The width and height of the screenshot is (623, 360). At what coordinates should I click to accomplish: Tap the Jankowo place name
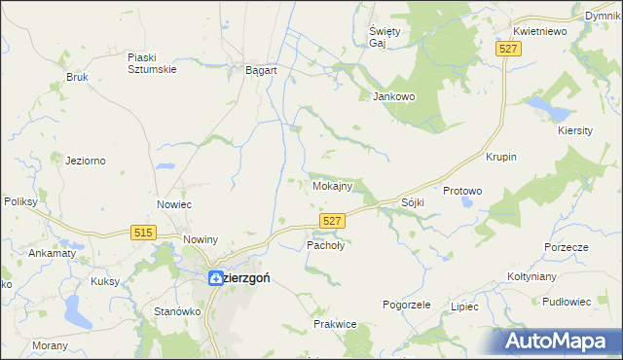pos(394,96)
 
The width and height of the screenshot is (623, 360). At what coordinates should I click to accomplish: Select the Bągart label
pos(262,71)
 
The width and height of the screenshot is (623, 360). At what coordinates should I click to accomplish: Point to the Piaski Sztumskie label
pos(149,62)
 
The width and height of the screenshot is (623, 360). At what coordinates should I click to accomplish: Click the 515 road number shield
pos(144,231)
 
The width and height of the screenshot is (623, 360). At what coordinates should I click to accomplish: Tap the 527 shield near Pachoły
pos(332,222)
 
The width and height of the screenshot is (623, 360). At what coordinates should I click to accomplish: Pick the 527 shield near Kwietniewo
pos(505,50)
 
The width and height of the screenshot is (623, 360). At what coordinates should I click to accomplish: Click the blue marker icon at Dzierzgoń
pos(216,277)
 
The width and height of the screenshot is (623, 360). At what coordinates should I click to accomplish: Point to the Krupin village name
pos(500,158)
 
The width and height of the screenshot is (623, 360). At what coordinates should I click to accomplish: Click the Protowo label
pos(462,191)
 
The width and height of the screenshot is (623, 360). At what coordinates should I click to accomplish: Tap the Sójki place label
pos(413,202)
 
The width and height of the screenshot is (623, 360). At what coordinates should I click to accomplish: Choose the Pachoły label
pos(326,246)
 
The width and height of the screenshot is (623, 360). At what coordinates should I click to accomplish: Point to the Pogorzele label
pos(406,305)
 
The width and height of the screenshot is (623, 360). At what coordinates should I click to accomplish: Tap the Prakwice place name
pos(332,323)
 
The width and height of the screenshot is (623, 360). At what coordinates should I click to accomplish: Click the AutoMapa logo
pos(558,341)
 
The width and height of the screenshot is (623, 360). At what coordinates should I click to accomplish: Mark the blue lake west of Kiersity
pos(538,103)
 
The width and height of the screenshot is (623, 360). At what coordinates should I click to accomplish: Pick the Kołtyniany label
pos(531,276)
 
